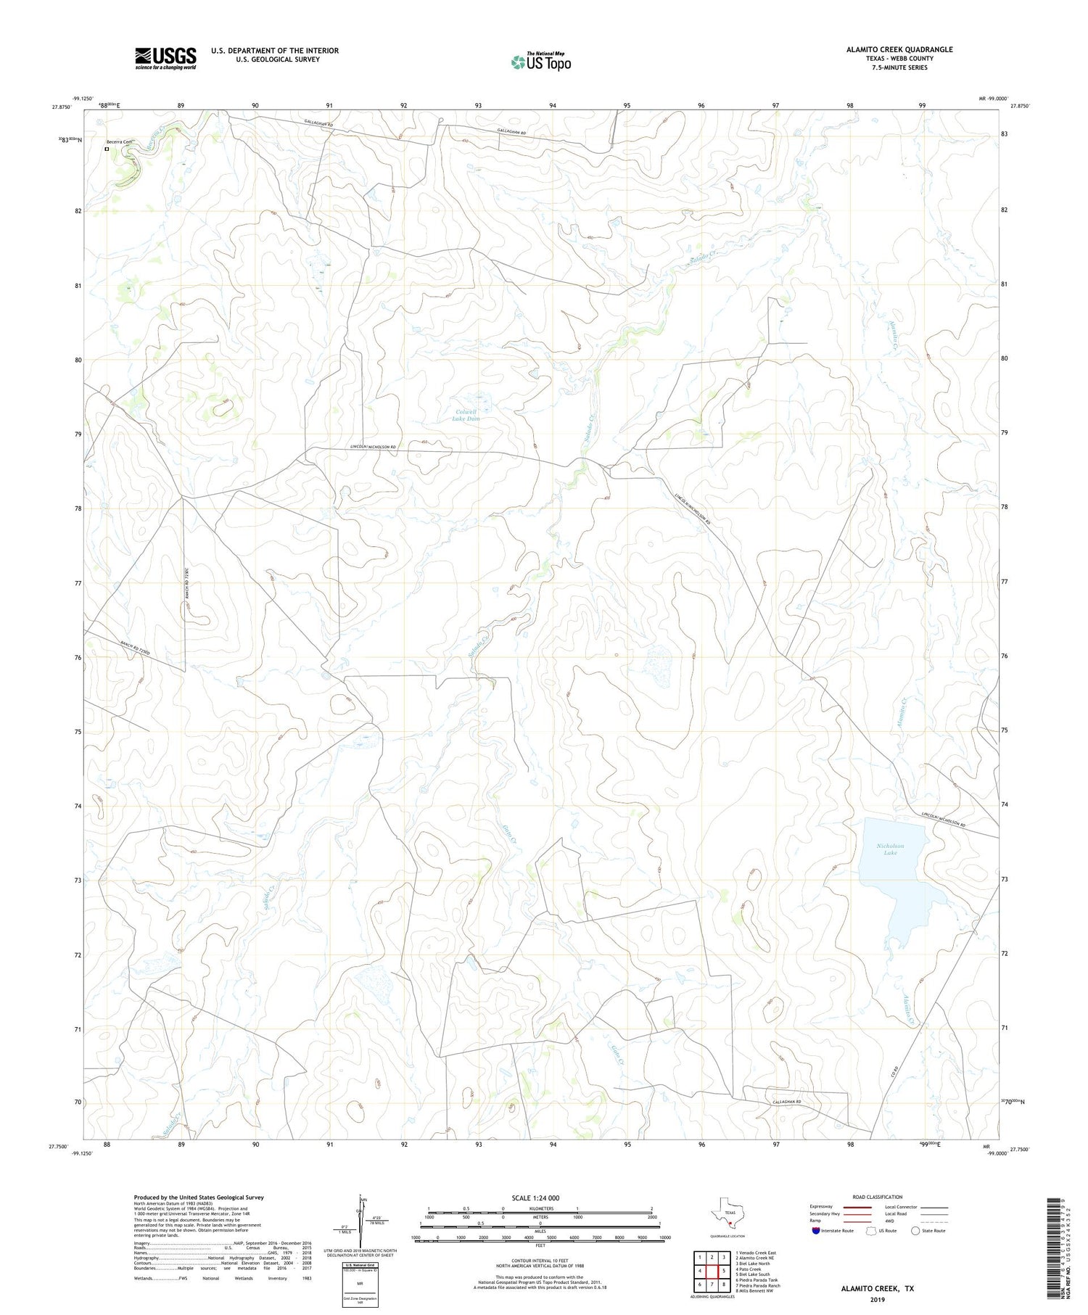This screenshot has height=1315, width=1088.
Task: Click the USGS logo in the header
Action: tap(165, 58)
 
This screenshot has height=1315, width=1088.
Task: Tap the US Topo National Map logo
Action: tap(540, 62)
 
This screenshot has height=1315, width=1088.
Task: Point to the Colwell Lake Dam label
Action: tap(466, 416)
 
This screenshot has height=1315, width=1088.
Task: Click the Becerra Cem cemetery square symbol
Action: tap(107, 149)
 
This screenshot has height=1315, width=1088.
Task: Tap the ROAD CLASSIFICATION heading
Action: tap(877, 1197)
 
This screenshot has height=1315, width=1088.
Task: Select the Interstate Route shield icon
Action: tap(816, 1231)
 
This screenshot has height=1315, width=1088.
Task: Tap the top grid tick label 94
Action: tap(553, 106)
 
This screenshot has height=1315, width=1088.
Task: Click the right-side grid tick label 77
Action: tap(1004, 582)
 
